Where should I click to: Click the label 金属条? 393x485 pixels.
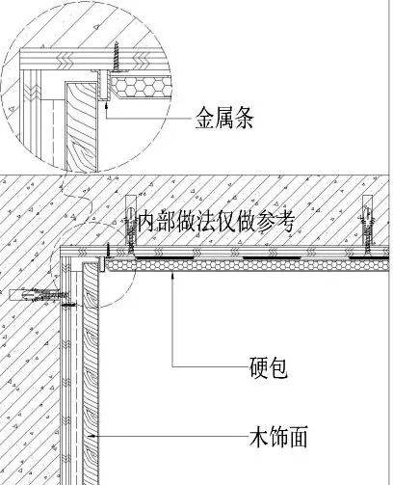[224, 118]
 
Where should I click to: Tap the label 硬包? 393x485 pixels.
[269, 367]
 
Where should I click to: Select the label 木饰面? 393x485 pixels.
[278, 436]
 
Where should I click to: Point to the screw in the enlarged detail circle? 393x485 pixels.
[117, 57]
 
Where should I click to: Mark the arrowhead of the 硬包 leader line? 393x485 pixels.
[173, 275]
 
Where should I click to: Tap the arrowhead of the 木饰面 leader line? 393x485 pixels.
[92, 436]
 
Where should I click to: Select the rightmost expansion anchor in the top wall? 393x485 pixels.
[367, 225]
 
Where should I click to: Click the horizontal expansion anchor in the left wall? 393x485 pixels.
[39, 295]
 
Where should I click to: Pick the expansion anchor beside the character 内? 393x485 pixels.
[131, 224]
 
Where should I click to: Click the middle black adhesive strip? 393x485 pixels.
[272, 257]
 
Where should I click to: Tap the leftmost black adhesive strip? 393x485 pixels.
[165, 257]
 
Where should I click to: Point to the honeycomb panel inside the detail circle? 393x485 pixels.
[140, 87]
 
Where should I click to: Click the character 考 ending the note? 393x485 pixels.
[285, 221]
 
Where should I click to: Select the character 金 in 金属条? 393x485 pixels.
[205, 118]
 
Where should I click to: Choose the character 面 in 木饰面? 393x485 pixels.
[298, 436]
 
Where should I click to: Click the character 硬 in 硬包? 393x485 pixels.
[259, 367]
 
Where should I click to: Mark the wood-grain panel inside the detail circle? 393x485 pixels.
[82, 126]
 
